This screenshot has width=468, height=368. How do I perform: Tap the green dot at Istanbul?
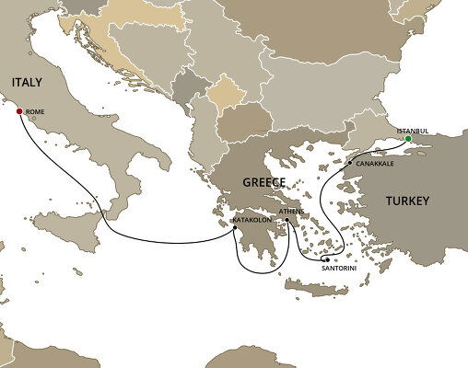(408, 139)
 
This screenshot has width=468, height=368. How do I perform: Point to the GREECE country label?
(263, 182)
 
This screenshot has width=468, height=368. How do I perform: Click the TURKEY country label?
(408, 201)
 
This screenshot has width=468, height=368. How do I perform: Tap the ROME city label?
(36, 111)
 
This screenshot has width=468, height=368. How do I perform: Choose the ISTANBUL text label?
(412, 131)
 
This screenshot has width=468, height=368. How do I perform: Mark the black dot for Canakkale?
(349, 163)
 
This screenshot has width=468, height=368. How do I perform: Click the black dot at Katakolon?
(235, 228)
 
